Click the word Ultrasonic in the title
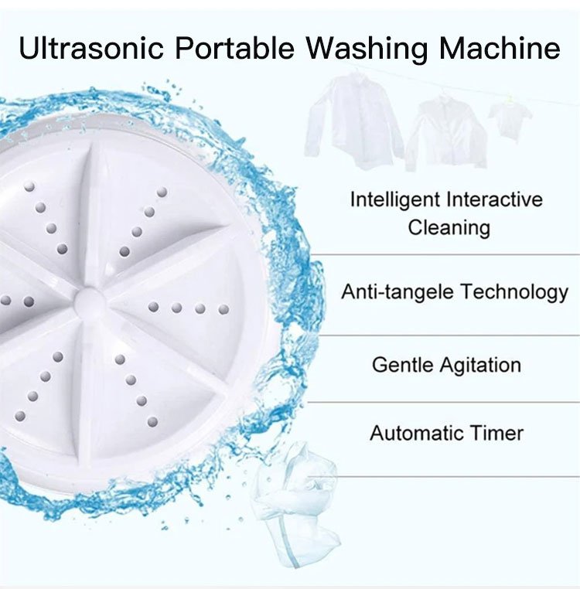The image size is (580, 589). tap(91, 48)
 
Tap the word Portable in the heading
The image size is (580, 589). tap(235, 48)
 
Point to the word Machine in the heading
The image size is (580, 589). tap(500, 48)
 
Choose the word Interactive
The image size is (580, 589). tap(493, 199)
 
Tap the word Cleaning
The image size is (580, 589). tap(449, 228)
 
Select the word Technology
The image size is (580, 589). tap(515, 293)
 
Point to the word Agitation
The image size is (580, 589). tap(481, 366)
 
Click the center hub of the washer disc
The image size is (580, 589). tap(90, 301)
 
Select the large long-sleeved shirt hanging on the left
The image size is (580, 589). tap(353, 121)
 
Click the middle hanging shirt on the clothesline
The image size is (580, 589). tap(445, 132)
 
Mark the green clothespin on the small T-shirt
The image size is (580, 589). tap(510, 100)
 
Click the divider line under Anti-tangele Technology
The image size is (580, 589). tap(443, 335)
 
